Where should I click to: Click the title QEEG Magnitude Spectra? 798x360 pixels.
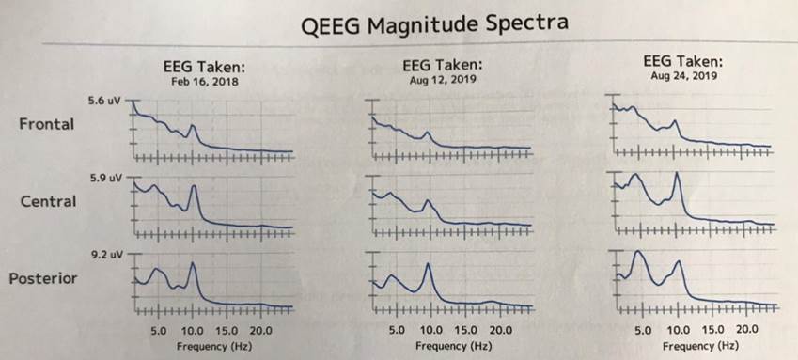434,23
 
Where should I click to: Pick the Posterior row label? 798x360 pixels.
43,279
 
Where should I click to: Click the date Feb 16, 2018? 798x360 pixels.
204,82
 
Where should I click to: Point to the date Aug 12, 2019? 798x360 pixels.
444,81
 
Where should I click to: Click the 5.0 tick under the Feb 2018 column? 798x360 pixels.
158,331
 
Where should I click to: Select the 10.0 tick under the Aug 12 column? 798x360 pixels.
430,331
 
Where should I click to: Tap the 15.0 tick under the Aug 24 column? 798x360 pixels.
712,330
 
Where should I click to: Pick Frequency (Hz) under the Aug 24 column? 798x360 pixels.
695,345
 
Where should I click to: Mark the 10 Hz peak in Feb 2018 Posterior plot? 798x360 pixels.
193,264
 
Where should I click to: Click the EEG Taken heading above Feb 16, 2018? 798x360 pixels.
205,67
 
